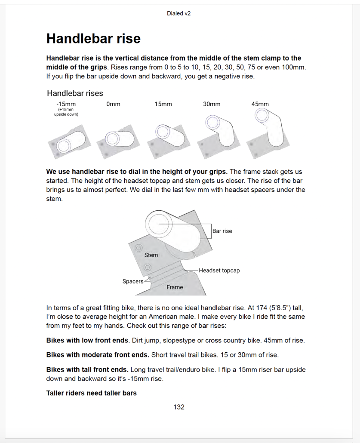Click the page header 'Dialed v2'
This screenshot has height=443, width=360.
178,13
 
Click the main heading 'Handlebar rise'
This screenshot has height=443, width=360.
93,38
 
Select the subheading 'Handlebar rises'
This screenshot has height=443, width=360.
75,93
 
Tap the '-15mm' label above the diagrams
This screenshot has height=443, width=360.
66,104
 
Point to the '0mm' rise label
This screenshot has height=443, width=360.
113,104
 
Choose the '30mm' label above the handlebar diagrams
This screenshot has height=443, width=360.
212,104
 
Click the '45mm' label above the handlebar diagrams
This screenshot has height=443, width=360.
260,104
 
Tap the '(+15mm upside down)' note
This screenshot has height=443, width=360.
66,112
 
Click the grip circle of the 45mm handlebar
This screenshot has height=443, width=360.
262,115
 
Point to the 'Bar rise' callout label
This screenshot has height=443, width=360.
222,231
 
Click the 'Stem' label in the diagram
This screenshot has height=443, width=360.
151,255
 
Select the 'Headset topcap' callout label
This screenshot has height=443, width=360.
219,271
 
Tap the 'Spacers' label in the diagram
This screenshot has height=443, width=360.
133,281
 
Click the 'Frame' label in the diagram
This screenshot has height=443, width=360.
175,287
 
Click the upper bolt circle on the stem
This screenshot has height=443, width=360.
138,248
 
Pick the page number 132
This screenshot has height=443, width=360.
179,407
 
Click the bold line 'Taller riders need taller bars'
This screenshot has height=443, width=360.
91,393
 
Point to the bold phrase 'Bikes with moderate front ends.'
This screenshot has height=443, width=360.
98,355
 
